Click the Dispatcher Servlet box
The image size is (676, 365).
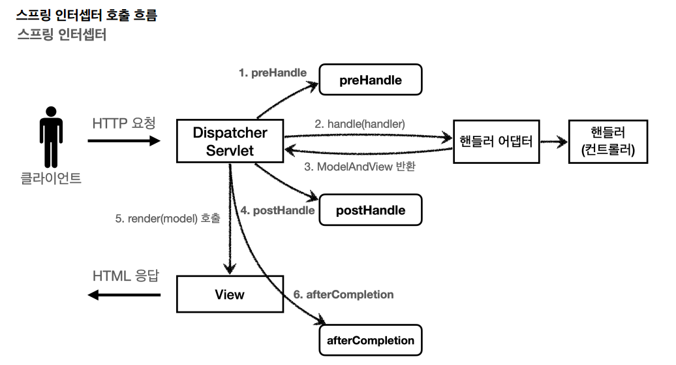pos(230,142)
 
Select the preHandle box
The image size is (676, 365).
pos(370,81)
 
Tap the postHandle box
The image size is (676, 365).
pos(370,210)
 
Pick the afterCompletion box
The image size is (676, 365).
pos(370,340)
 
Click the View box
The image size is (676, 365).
pos(230,294)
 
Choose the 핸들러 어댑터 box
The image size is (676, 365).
pos(497,141)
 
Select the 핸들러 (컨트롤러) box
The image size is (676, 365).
pos(607,142)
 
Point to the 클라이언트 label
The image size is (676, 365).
pos(51,178)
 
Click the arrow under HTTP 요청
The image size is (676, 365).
pos(123,140)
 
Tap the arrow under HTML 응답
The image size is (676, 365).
pos(124,295)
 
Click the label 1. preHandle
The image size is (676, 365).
pos(272,73)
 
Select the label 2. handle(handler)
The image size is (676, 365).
pos(360,123)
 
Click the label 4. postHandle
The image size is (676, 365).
pos(277,210)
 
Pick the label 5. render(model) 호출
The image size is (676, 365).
pos(167,219)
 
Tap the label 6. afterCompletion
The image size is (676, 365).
pos(343,294)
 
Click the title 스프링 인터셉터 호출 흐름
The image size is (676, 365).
pos(86,14)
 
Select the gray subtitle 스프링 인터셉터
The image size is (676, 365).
pos(62,35)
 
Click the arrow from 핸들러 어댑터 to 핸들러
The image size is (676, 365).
pos(554,141)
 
